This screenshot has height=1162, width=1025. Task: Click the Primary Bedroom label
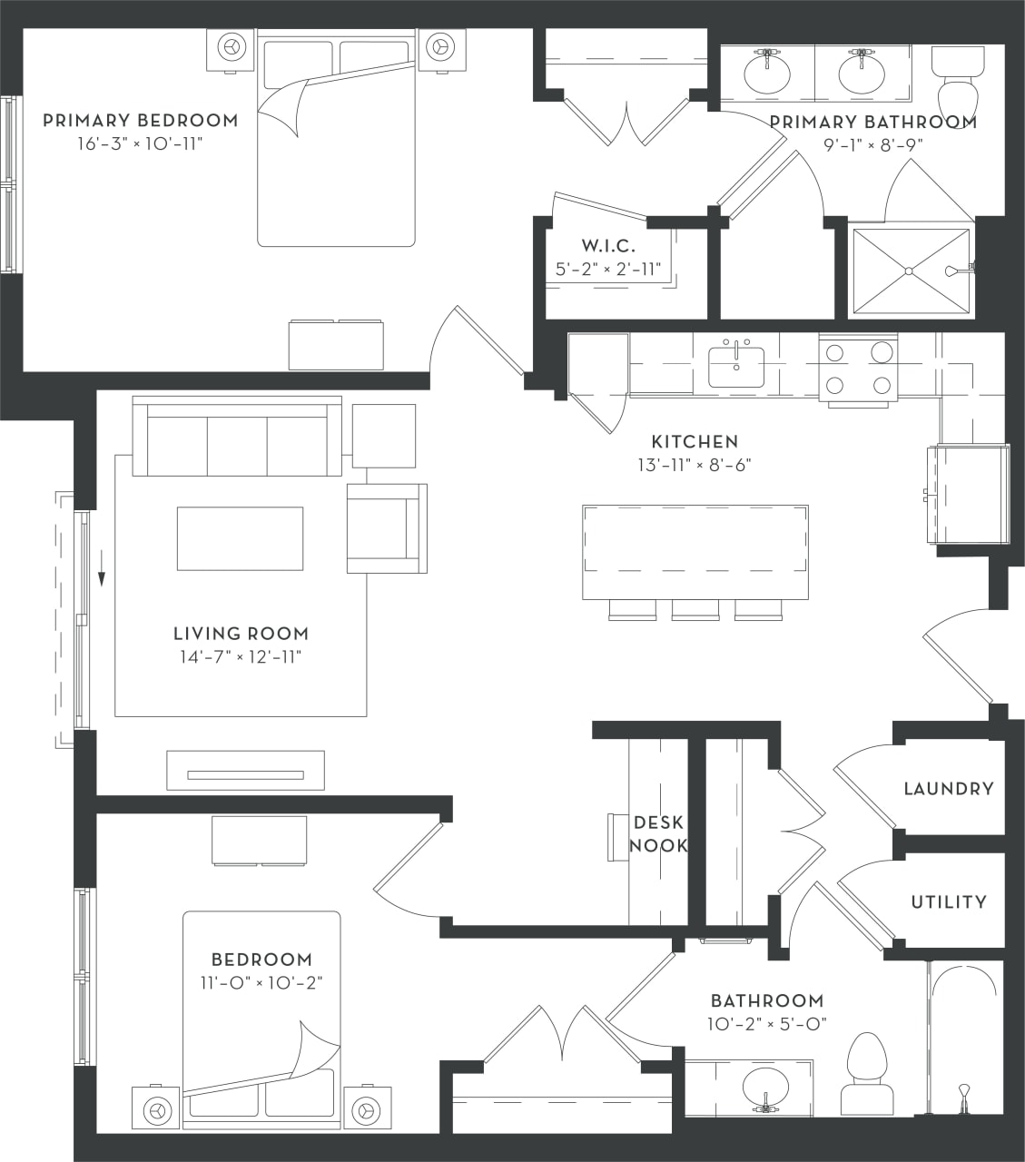(141, 121)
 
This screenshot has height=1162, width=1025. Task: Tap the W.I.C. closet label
(608, 246)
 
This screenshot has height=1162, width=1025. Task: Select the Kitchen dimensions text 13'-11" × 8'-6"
(695, 466)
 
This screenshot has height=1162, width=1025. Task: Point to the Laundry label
(949, 789)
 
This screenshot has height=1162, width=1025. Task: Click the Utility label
(949, 901)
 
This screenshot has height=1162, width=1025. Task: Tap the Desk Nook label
(658, 833)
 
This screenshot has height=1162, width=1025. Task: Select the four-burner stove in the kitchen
(858, 370)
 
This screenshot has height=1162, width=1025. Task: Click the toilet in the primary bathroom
(957, 82)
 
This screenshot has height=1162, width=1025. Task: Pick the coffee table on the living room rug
(240, 538)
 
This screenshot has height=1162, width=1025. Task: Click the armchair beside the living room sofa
(386, 528)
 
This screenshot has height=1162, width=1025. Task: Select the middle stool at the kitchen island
(695, 610)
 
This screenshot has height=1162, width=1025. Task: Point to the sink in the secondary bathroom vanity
(764, 1088)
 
